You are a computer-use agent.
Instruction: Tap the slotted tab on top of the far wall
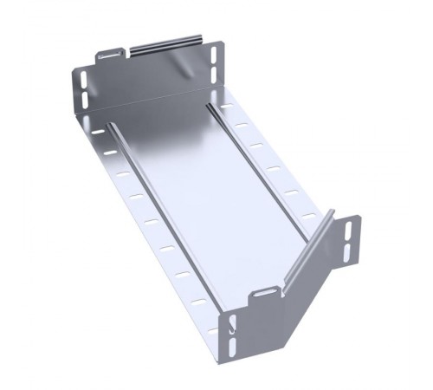tap(111, 54)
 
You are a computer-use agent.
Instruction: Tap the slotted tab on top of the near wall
tap(262, 297)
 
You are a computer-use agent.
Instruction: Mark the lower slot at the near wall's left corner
tap(233, 348)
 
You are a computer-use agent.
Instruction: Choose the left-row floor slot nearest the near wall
tap(199, 302)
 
